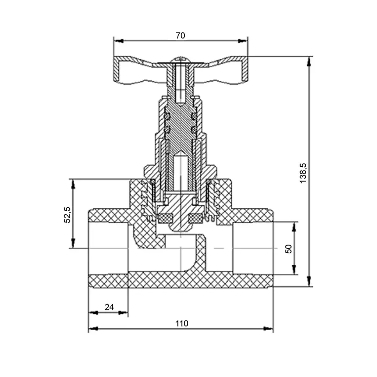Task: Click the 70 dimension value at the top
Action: [x=180, y=36]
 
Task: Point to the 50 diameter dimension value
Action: [x=289, y=248]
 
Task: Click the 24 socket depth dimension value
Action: [x=109, y=307]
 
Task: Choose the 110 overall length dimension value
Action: [x=182, y=323]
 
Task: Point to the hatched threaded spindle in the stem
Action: [x=181, y=126]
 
